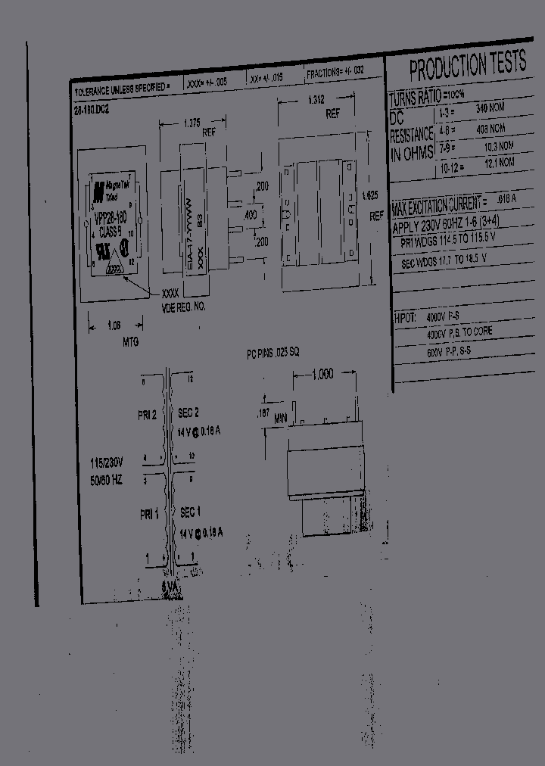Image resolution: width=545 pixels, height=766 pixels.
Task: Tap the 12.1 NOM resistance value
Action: click(499, 163)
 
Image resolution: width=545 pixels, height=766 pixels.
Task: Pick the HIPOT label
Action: click(405, 318)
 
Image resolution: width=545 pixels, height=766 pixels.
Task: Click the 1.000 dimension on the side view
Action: click(323, 375)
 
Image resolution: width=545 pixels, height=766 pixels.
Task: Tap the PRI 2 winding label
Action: click(148, 415)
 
